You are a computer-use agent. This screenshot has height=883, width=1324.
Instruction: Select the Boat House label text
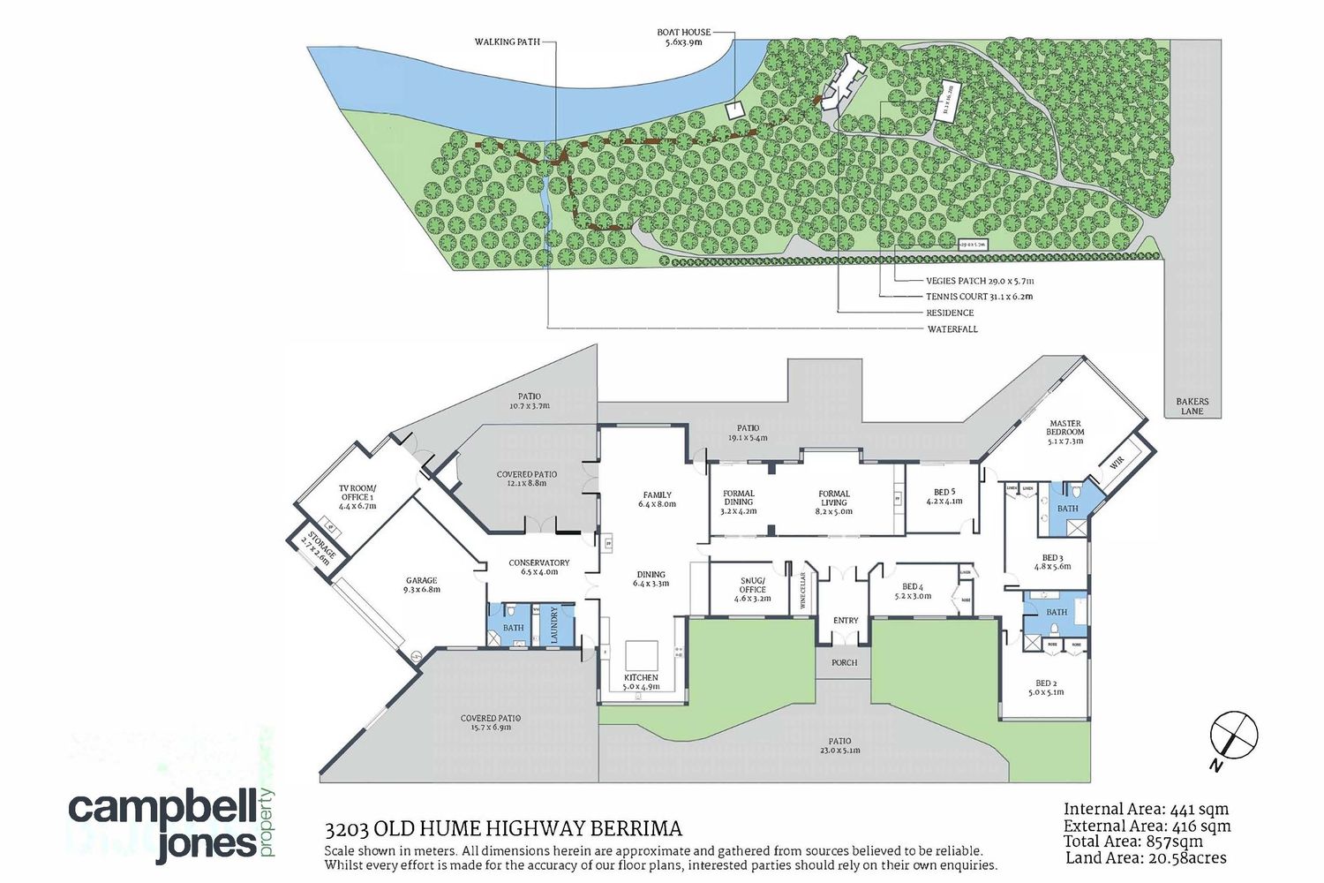tap(684, 37)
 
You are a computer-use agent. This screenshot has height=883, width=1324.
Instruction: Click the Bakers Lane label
tap(1192, 406)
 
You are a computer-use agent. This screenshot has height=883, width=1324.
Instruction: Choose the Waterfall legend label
tap(952, 329)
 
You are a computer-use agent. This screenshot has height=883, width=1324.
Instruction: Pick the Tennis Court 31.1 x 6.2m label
tap(979, 297)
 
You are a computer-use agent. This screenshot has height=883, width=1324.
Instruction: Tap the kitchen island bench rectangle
tap(642, 655)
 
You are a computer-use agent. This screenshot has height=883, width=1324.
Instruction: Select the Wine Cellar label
tap(803, 591)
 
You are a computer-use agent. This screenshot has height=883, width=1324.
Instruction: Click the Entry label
tap(846, 621)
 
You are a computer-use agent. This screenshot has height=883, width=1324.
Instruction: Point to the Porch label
tap(845, 662)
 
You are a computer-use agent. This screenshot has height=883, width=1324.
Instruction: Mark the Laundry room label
tap(555, 624)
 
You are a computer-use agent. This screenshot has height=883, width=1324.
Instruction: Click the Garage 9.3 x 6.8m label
tap(422, 585)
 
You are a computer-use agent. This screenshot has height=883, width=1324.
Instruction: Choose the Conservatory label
tap(539, 567)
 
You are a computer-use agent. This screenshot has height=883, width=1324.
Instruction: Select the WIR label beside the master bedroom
tap(1117, 461)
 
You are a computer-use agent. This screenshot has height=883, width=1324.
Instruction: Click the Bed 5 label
tap(944, 496)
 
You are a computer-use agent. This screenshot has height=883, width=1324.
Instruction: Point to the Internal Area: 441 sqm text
tap(1146, 809)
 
